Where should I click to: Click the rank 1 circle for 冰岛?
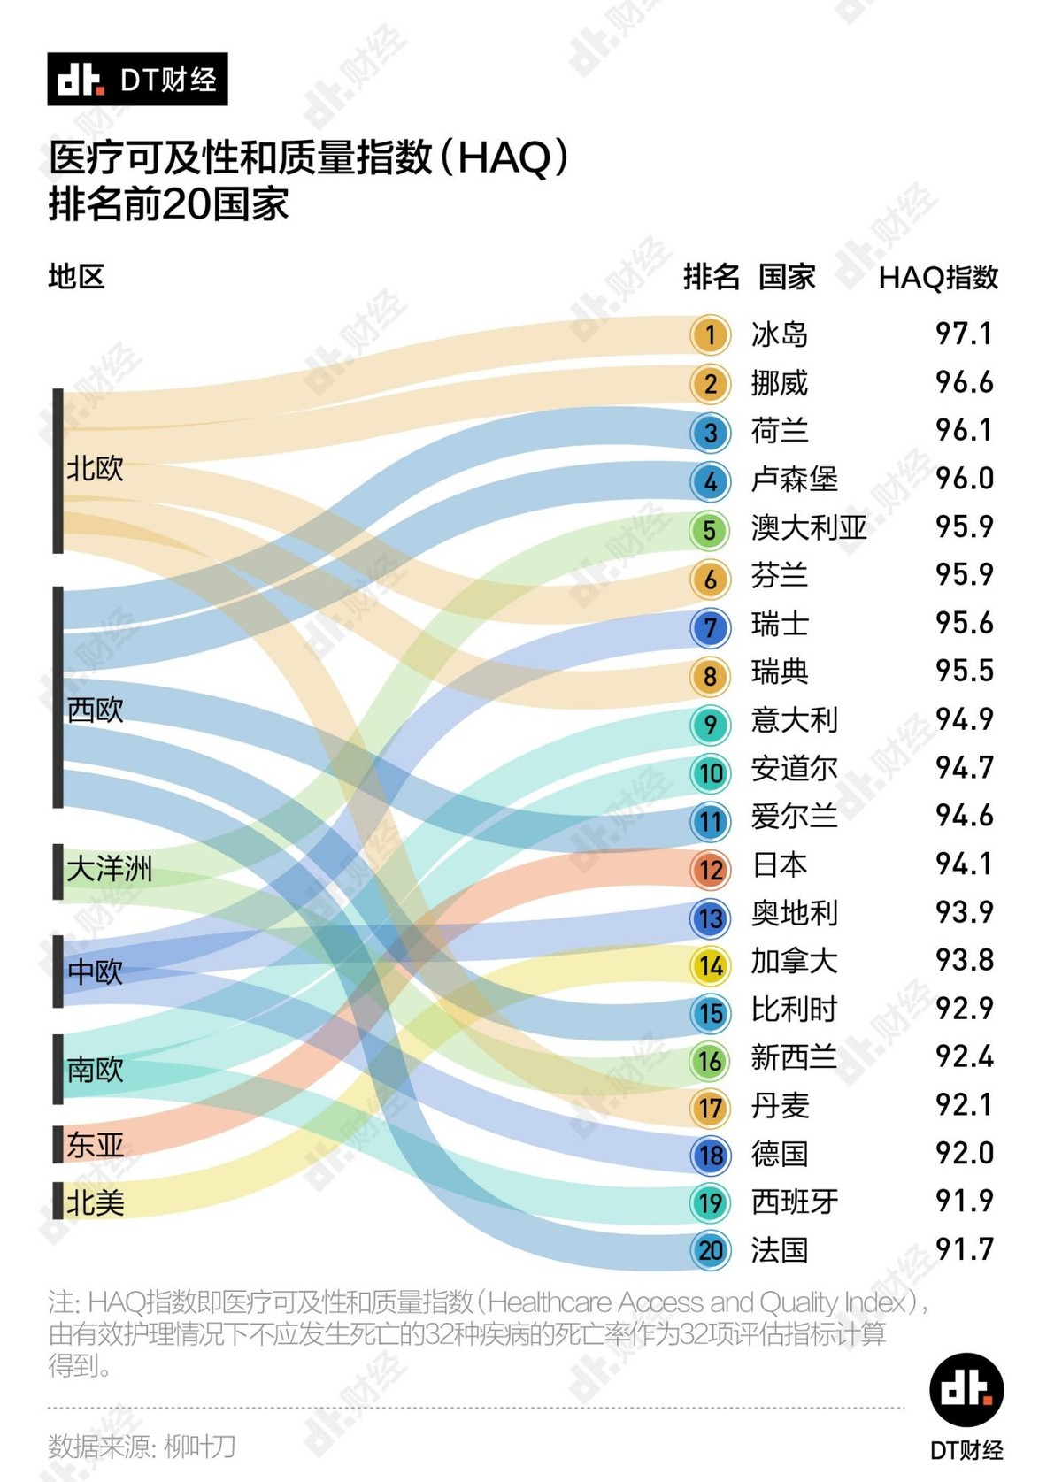[x=710, y=335]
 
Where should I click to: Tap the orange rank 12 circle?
[x=710, y=870]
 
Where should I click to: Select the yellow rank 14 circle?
[x=710, y=965]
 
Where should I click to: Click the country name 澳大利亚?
[x=808, y=528]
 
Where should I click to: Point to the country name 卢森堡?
[x=794, y=480]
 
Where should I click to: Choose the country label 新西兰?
[x=794, y=1057]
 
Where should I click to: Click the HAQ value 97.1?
[x=964, y=334]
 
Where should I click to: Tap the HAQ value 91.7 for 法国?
[x=964, y=1249]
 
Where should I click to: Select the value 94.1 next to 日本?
[x=964, y=864]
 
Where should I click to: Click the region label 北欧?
[x=96, y=468]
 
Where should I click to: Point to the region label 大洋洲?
[x=110, y=869]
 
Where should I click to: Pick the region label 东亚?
[x=96, y=1145]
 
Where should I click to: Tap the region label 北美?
[x=96, y=1202]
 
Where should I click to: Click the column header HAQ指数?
[x=938, y=278]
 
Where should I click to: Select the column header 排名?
[x=711, y=278]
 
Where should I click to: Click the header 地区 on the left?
[x=76, y=277]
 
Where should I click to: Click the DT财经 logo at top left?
[x=137, y=79]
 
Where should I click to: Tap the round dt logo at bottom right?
[x=966, y=1389]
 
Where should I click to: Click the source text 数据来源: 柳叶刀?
[x=142, y=1447]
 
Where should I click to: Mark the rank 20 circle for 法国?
[x=710, y=1250]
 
